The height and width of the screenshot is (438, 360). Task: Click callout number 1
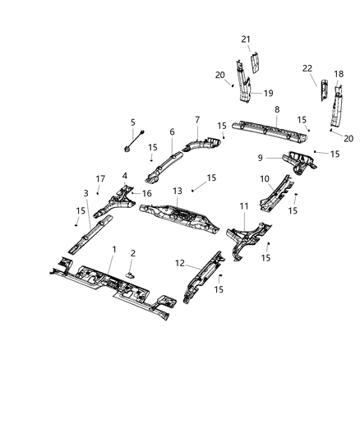coord(113,250)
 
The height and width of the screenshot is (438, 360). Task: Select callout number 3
coord(85,194)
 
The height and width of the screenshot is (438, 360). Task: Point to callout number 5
coord(132,122)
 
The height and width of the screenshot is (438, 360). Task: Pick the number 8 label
coord(276,108)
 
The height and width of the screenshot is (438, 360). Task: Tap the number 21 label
coord(245,39)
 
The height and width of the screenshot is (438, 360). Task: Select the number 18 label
coord(339,74)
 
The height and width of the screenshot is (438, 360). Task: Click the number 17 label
coord(99,178)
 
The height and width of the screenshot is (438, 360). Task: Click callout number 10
coord(265,178)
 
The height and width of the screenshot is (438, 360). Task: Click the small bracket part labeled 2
coord(130,272)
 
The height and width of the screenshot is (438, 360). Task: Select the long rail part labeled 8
coord(271,128)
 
